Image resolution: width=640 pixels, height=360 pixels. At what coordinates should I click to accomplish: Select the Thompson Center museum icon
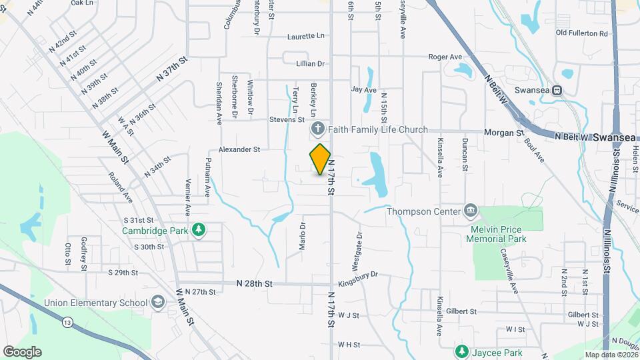pyautogui.click(x=471, y=211)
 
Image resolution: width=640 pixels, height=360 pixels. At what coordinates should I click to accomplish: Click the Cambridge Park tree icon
pyautogui.click(x=198, y=231)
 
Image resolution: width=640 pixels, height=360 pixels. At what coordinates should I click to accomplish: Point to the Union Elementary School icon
pyautogui.click(x=157, y=303)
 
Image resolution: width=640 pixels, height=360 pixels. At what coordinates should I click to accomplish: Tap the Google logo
pyautogui.click(x=22, y=352)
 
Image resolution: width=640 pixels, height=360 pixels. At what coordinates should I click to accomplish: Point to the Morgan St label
pyautogui.click(x=504, y=133)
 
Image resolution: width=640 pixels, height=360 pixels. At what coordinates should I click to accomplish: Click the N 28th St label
pyautogui.click(x=255, y=283)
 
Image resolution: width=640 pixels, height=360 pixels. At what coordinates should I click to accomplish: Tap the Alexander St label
pyautogui.click(x=239, y=150)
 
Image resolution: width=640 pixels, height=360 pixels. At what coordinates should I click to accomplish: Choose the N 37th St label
pyautogui.click(x=173, y=68)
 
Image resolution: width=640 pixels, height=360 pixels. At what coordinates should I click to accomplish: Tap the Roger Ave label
pyautogui.click(x=445, y=57)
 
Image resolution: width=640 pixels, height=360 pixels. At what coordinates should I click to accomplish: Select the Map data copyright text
pyautogui.click(x=610, y=355)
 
